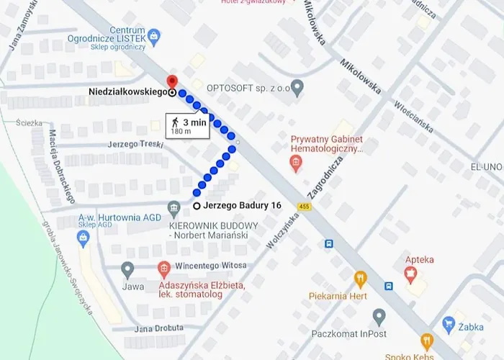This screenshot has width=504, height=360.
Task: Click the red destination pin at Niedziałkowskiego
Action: coord(171,81)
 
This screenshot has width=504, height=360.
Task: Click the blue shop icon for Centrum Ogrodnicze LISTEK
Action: coord(153,34)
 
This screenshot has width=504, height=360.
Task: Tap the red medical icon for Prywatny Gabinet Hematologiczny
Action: coord(295,164)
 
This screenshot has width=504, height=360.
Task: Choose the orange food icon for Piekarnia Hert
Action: coord(360,279)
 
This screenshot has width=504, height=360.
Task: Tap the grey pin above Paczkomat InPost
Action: coord(379,316)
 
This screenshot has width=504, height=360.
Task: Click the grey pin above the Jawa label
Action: coord(128,270)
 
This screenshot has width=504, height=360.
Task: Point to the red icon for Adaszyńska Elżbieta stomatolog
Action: coord(163,270)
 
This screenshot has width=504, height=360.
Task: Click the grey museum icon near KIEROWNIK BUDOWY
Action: coord(173,209)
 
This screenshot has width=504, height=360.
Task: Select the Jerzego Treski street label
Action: coord(131,144)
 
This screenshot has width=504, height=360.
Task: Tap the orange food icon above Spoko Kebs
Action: coord(426,341)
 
